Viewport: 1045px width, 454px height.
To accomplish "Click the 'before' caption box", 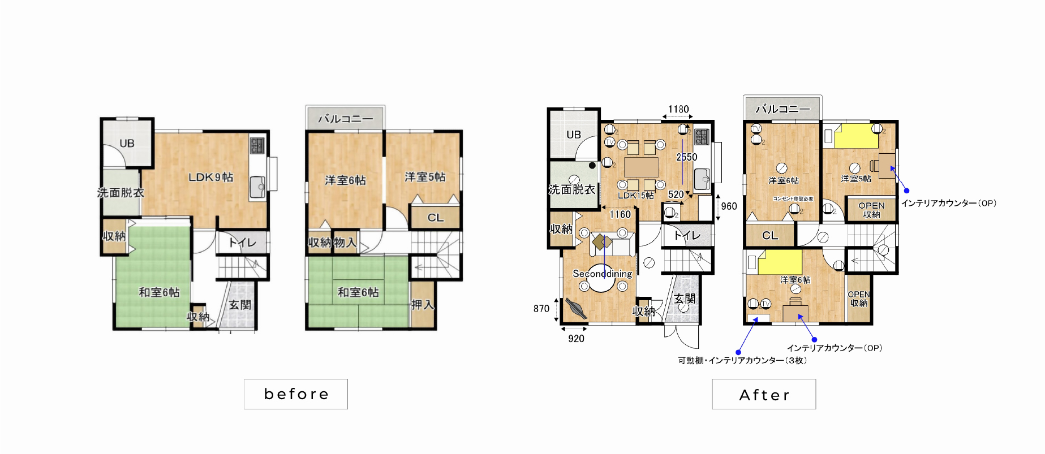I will point(296,394).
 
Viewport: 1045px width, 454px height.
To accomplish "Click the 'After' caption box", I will point(764,395).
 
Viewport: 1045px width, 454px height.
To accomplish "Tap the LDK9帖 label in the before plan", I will point(210,178).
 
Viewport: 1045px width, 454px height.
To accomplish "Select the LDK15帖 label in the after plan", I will point(635,196).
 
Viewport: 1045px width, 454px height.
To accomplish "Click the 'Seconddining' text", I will point(602,274).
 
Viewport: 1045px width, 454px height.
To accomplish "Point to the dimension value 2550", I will point(686,157).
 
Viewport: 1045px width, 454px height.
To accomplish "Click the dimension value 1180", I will point(678,109).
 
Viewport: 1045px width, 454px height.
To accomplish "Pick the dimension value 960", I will point(729,206).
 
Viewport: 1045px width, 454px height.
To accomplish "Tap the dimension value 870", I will point(541,309).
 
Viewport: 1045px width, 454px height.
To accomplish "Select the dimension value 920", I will point(576,339).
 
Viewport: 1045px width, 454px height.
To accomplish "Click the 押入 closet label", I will point(422,305).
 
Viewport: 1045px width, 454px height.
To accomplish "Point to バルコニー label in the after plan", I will point(782,109).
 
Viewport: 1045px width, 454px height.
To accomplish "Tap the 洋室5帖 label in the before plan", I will point(425,178).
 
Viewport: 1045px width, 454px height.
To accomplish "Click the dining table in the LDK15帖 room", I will point(641,167).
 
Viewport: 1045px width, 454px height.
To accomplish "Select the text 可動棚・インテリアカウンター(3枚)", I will point(742,361).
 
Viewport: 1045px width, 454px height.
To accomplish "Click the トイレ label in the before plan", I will point(242,243).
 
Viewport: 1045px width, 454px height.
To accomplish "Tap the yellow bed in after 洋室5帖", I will point(856,136).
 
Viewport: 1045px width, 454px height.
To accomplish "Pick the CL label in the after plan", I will point(769,236).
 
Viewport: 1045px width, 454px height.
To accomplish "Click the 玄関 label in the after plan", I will point(685,299).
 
